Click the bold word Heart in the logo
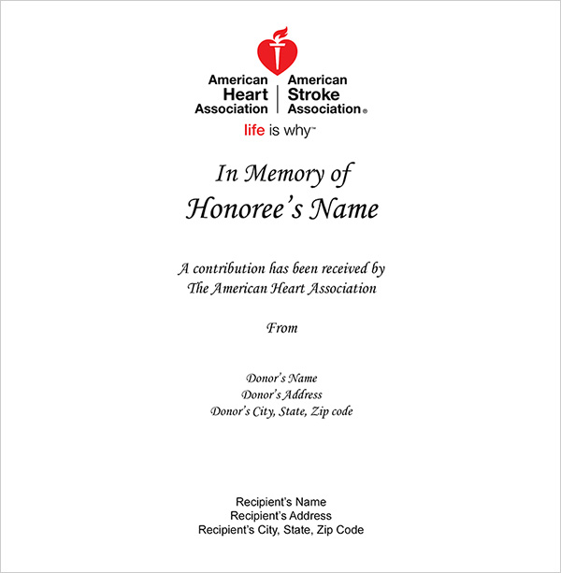click(246, 94)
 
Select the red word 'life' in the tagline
click(253, 131)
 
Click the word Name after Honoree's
click(344, 208)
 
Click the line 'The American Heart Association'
click(281, 289)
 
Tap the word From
click(281, 328)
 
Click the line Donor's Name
click(281, 379)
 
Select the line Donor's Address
click(281, 394)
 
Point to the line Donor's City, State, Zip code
click(281, 411)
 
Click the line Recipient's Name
click(280, 502)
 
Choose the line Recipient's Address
click(280, 516)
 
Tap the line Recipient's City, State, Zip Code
click(280, 530)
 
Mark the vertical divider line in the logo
click(279, 94)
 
